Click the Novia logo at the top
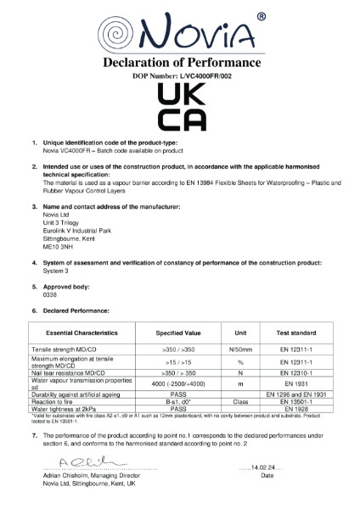(180, 31)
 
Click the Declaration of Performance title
(181, 64)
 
